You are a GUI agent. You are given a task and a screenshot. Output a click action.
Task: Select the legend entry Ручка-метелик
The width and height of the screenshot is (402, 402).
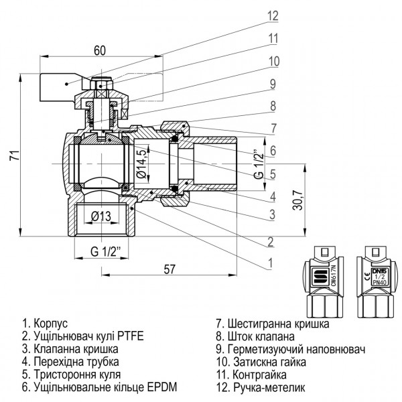pos(262,387)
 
